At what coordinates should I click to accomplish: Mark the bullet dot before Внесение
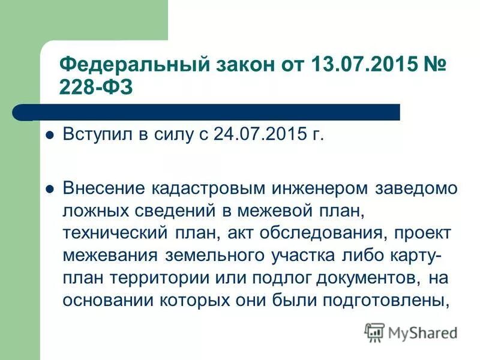50,188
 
